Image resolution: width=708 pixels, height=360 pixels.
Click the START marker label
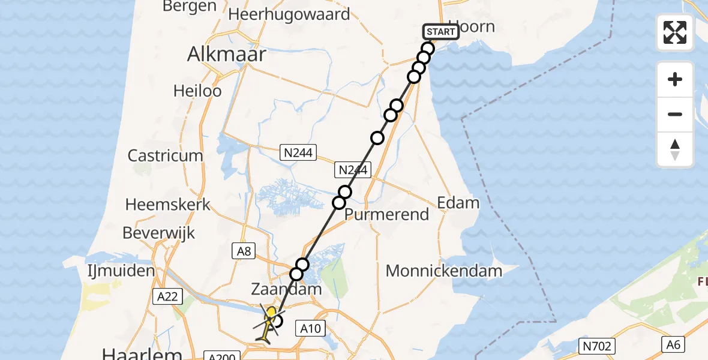(441, 32)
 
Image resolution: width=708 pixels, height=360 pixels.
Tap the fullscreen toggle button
(675, 32)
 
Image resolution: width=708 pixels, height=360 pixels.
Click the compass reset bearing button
(675, 149)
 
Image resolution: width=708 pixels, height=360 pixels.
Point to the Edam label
(458, 203)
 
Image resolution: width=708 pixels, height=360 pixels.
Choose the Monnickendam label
(443, 271)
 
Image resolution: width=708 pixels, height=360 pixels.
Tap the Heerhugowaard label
(289, 14)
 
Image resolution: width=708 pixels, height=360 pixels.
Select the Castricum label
(165, 155)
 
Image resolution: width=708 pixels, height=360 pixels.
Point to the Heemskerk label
(168, 204)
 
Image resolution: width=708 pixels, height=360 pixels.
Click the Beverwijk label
(159, 232)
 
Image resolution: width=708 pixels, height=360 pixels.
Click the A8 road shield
(244, 251)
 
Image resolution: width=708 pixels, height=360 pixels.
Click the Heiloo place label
(197, 91)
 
